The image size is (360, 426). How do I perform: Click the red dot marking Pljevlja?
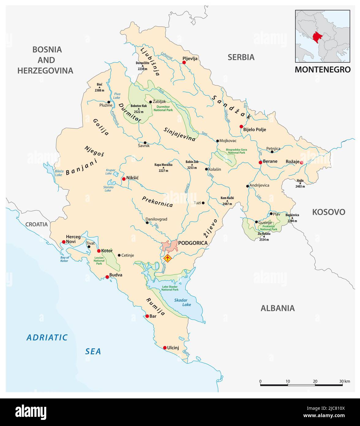pos(184,62)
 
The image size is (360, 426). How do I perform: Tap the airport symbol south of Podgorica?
pos(167,258)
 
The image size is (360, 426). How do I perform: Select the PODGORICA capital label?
pos(193,243)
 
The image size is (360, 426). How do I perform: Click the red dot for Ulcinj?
pos(165,348)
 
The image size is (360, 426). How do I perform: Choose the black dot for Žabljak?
pos(150,102)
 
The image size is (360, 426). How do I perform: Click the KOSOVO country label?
pos(328,212)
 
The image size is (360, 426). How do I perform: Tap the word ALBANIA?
pos(278,308)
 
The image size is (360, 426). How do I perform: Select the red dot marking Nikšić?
pos(123,179)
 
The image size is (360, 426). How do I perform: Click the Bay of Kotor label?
pos(65,259)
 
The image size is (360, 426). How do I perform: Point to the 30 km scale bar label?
pos(344,381)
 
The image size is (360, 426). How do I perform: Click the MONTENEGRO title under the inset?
pos(322,70)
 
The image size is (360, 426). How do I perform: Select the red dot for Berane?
pos(260,162)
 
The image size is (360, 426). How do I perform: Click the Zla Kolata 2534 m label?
pos(264,236)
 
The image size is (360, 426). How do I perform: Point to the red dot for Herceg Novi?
pos(64,242)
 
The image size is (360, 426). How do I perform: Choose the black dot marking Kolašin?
pos(206,169)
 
